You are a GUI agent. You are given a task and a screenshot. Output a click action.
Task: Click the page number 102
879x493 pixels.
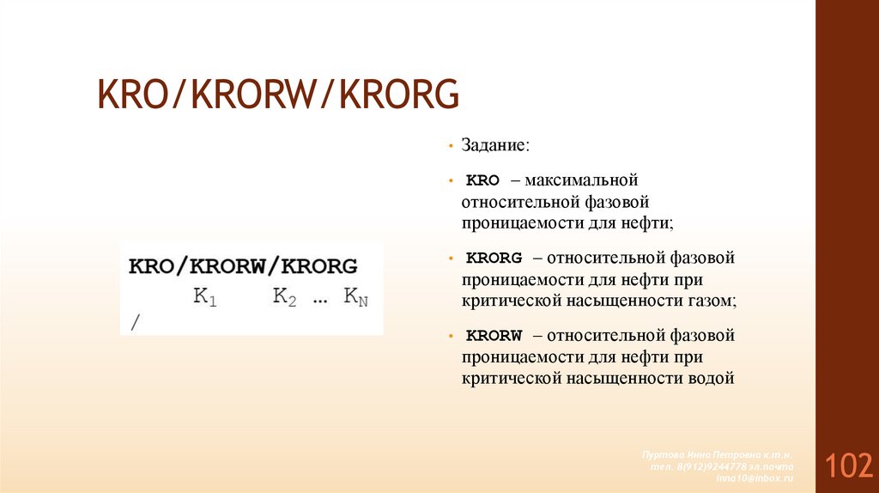point(849,466)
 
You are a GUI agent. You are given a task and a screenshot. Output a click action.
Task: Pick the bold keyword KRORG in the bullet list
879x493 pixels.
point(494,258)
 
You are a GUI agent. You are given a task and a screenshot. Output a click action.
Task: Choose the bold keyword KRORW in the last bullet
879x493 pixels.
point(494,336)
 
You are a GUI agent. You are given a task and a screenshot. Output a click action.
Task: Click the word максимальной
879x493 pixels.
point(582,181)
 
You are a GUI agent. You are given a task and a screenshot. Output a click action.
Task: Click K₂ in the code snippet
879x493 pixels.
point(284,297)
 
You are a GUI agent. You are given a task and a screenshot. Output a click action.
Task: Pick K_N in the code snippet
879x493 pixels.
point(355,298)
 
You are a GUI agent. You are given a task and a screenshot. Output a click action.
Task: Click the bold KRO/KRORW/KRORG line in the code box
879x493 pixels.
point(243,265)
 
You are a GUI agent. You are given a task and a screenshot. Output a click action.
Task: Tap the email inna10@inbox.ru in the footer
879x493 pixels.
point(755,478)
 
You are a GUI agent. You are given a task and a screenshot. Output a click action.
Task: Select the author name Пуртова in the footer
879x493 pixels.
point(662,453)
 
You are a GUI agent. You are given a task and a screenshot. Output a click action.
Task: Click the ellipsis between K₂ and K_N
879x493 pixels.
point(320,300)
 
